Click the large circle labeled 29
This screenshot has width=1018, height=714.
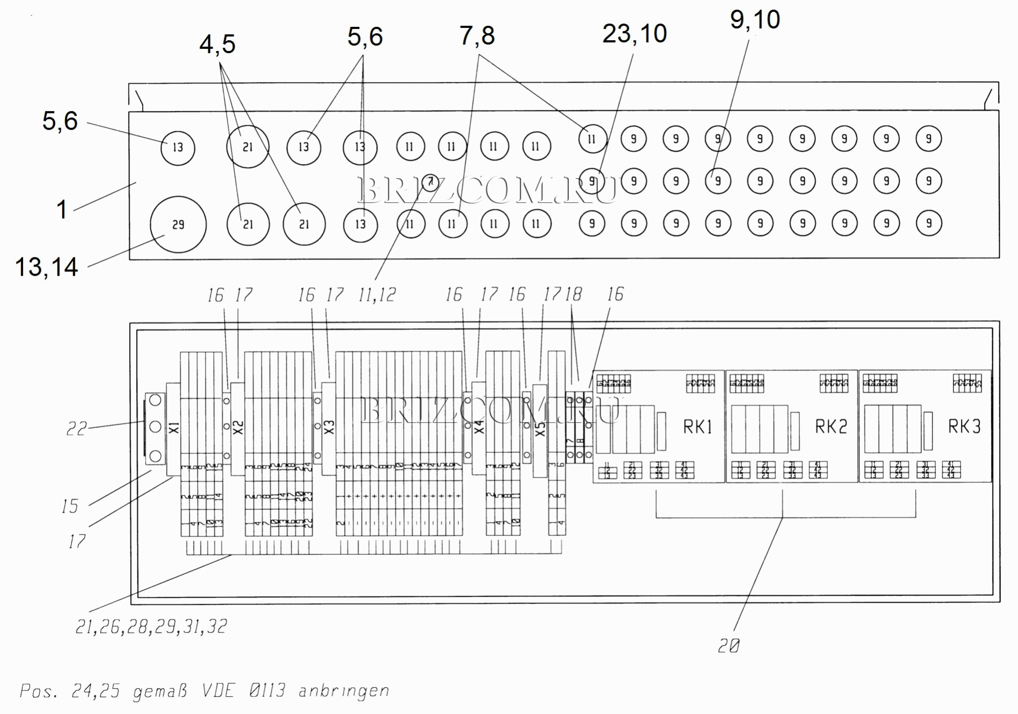tap(178, 225)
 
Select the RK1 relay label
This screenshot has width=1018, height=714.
tap(697, 427)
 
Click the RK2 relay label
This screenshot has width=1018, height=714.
tap(831, 427)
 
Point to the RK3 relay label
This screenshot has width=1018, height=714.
tap(964, 427)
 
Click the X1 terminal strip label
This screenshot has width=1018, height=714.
tap(174, 428)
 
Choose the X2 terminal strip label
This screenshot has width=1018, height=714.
tap(239, 428)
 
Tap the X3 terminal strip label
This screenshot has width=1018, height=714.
tap(329, 428)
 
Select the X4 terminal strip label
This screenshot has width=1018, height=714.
tap(479, 428)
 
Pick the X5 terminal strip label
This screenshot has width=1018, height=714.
tap(540, 429)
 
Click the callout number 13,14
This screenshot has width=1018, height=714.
tap(47, 267)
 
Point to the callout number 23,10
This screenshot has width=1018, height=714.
tap(635, 34)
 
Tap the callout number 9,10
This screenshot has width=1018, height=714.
tap(755, 20)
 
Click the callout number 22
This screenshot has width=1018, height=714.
tap(76, 429)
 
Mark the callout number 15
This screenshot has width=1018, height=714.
tap(70, 506)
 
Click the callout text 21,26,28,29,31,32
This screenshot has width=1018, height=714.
tap(152, 627)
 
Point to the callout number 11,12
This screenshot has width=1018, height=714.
tap(377, 295)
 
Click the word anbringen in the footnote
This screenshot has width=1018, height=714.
tap(344, 691)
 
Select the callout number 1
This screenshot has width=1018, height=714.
tap(62, 210)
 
